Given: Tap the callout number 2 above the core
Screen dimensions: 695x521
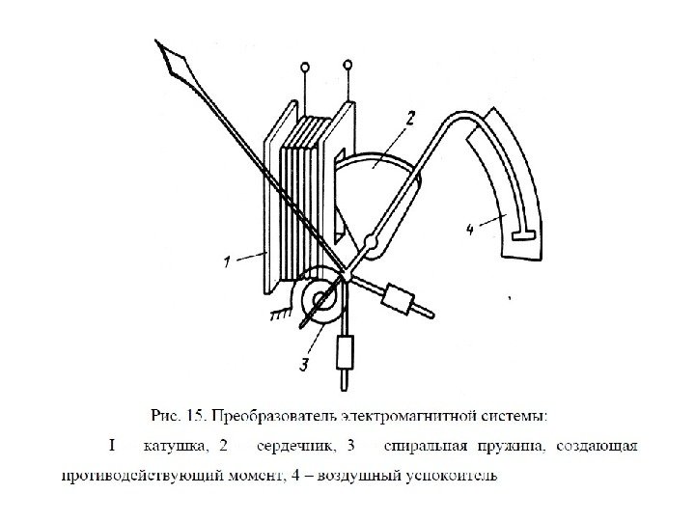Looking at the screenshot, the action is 409,120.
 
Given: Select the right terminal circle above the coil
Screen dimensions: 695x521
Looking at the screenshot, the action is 348,65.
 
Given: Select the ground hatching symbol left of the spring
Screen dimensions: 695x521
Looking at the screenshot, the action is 280,311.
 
